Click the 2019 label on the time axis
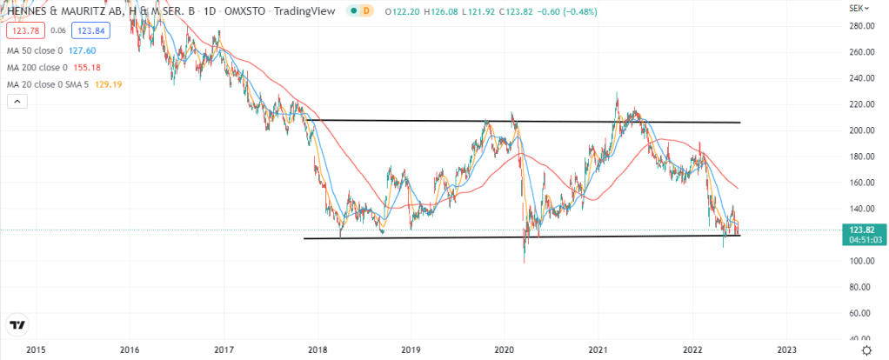coord(411,350)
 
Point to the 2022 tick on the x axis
coord(692,350)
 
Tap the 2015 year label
coord(36,350)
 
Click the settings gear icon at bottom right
coord(866,349)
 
